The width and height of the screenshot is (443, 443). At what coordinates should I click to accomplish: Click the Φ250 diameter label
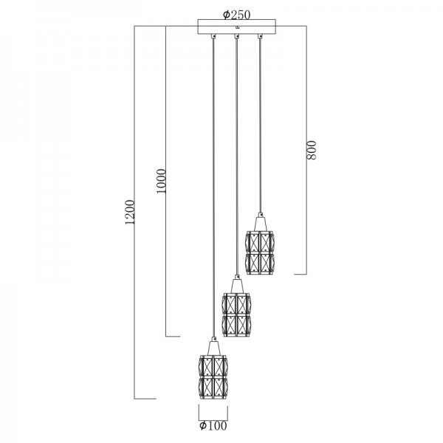click(236, 15)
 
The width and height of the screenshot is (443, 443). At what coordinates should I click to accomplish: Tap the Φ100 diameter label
click(213, 426)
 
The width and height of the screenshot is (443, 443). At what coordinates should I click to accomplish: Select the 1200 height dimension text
click(129, 212)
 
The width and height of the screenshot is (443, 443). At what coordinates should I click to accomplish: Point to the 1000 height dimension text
click(161, 181)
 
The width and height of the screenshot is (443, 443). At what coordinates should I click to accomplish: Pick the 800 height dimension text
click(312, 150)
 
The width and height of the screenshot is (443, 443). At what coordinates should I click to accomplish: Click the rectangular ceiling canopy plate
click(236, 27)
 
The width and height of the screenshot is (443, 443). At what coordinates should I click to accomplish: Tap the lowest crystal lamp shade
click(213, 377)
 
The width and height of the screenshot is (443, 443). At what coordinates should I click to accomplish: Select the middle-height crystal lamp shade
click(236, 315)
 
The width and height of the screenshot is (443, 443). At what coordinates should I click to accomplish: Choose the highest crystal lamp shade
click(260, 253)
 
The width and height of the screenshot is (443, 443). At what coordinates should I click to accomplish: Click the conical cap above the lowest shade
click(213, 348)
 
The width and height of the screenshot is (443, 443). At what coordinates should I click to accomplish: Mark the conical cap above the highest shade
click(261, 224)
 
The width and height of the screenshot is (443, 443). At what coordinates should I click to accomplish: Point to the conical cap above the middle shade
click(237, 286)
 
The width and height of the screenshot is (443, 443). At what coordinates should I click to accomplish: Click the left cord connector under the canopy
click(213, 36)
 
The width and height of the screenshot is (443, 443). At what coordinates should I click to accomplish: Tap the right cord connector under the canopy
click(260, 36)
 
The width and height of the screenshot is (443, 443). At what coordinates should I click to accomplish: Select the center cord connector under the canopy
click(237, 36)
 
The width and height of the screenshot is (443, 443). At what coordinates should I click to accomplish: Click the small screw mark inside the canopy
click(237, 28)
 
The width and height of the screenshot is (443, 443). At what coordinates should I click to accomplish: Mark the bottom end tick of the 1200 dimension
click(145, 399)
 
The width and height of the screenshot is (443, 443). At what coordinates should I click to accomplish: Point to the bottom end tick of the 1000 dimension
click(173, 337)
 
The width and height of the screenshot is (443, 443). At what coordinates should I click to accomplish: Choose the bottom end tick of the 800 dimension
click(301, 274)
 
